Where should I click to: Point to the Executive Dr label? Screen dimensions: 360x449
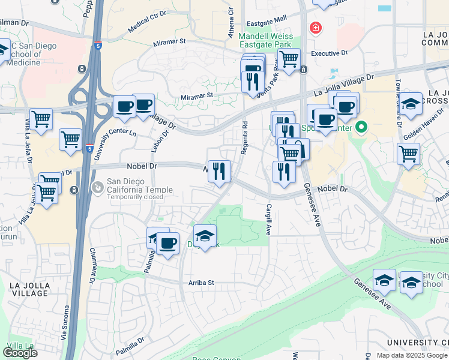coord(329,53)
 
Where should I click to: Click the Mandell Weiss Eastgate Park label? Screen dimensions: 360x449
coord(265,40)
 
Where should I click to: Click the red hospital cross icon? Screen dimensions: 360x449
coord(315,28)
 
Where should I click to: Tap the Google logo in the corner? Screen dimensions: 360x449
coord(20,353)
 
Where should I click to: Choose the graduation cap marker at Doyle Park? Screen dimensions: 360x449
coord(205,235)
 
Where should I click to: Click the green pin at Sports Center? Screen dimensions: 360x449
coord(361,127)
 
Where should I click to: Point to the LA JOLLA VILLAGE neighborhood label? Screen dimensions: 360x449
coord(29,289)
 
